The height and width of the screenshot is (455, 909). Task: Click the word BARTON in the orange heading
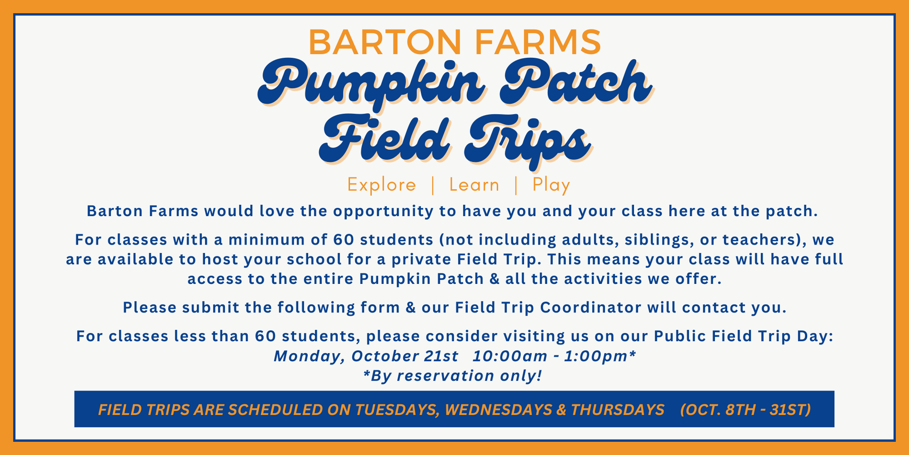coord(385,42)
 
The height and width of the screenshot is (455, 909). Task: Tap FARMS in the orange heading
coord(538,42)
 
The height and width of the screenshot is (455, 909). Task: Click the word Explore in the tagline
coord(382,184)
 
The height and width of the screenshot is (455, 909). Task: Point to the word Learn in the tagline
coord(474,184)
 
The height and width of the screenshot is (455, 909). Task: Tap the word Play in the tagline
coord(551,185)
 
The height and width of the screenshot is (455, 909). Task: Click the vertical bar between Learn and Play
coord(516,185)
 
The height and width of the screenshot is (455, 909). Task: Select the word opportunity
coord(383,211)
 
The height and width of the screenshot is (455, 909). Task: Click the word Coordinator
coord(591,307)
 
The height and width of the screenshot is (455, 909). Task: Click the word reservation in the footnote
coord(446,376)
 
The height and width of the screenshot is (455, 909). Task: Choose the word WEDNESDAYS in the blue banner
coord(498,409)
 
